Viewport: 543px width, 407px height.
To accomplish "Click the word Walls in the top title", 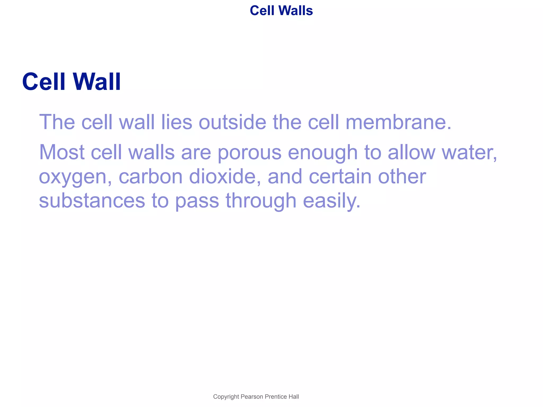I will pyautogui.click(x=296, y=11).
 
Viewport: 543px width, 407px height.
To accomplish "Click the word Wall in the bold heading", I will pyautogui.click(x=97, y=82).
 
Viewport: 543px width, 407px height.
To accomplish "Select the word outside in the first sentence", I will pyautogui.click(x=232, y=122).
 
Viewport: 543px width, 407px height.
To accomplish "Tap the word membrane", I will pyautogui.click(x=398, y=122).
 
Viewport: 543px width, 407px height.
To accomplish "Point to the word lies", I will pyautogui.click(x=177, y=122).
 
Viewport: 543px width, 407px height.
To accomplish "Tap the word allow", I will pyautogui.click(x=411, y=152).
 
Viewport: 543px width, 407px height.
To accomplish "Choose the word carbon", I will pyautogui.click(x=150, y=176).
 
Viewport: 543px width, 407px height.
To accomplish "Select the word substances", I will pyautogui.click(x=92, y=201).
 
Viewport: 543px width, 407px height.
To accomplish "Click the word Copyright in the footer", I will pyautogui.click(x=226, y=397).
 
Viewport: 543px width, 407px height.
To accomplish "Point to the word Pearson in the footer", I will pyautogui.click(x=252, y=397).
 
